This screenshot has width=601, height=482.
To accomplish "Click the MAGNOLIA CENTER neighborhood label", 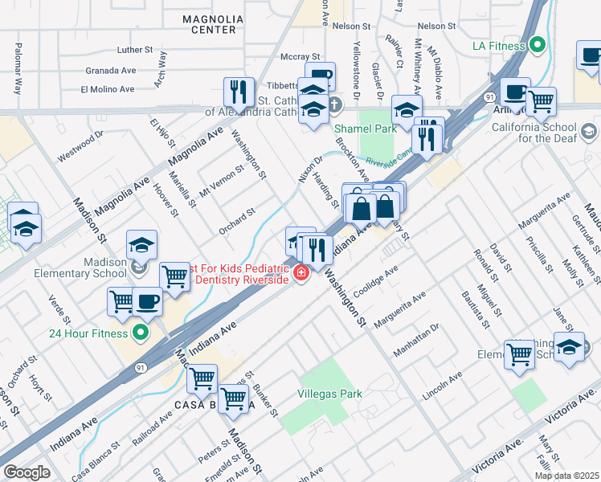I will pos(212,23).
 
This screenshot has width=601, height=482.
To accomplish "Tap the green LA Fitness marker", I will pos(538,46).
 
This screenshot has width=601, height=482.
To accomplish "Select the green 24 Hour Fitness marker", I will pos(141,333).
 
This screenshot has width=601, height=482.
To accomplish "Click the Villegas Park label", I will pos(329,394).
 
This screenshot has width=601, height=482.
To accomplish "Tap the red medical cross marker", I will pos(302,275).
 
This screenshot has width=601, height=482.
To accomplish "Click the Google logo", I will pos(27,472).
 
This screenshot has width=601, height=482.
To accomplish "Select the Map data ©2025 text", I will pos(566,475).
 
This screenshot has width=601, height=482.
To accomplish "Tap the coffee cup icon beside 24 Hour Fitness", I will pos(147,301).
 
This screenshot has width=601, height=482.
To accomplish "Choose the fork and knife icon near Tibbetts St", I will pos(239,92).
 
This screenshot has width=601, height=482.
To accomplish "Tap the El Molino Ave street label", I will pos(107,89).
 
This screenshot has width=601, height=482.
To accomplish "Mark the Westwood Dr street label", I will pos(80,146).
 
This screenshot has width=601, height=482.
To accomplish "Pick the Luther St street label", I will pos(134,50).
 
